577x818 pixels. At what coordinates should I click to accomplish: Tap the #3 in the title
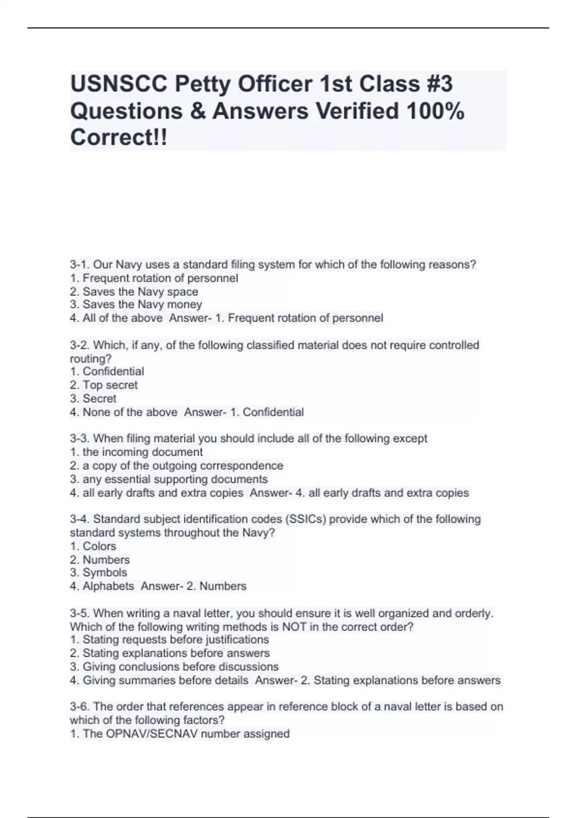tap(439, 84)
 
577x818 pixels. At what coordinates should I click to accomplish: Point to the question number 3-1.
tap(80, 265)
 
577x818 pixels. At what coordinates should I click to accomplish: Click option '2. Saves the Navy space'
tap(134, 292)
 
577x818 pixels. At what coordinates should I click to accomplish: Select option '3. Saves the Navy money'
tap(136, 305)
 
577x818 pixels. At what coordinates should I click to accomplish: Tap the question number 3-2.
tap(80, 345)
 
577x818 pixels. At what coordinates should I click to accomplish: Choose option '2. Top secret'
tap(103, 385)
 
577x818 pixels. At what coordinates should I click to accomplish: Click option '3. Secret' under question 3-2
tap(93, 398)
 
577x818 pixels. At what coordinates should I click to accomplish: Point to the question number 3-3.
tap(80, 439)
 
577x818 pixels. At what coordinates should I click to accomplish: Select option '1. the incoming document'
tap(136, 452)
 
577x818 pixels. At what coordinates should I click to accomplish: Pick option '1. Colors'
tap(93, 546)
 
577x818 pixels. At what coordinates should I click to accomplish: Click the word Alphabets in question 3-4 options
tap(108, 586)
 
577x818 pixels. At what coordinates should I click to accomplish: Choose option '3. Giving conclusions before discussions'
tap(174, 667)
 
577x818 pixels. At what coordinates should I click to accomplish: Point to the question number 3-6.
tap(80, 707)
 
